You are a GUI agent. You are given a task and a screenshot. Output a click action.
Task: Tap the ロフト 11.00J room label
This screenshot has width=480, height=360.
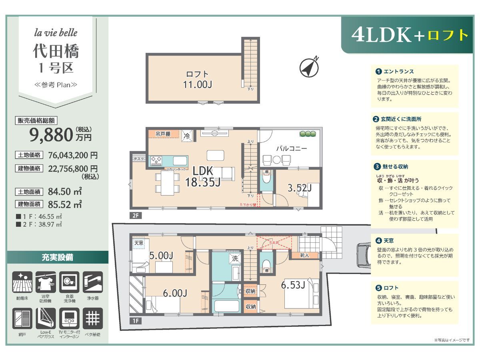pos(198,79)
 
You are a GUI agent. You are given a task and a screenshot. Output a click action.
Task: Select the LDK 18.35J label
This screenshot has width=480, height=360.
pos(202,176)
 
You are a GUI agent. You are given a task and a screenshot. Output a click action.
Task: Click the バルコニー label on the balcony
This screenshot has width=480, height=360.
pos(291,148)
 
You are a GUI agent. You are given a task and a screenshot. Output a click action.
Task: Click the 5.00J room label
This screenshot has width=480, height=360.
pos(160,255)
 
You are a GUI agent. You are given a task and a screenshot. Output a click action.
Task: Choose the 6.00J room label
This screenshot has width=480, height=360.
pos(175,293)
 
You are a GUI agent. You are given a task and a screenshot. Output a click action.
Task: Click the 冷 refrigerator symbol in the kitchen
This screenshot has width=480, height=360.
pos(186,136)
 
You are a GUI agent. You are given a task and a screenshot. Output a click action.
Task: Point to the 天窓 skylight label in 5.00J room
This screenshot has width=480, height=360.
pos(138,243)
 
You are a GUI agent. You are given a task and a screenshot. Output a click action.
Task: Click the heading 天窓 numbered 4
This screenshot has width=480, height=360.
pos(388,241)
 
